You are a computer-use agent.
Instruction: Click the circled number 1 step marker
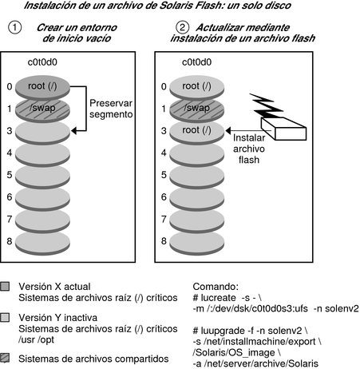(15, 28)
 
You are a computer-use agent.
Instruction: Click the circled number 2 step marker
(183, 27)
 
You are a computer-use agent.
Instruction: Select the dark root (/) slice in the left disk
(42, 87)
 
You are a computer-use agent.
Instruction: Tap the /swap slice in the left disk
(42, 109)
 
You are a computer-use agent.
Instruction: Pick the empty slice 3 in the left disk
(42, 132)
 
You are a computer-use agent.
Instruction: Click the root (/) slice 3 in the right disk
(197, 132)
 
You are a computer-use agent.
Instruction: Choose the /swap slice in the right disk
(197, 109)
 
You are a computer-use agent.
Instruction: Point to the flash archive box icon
(283, 129)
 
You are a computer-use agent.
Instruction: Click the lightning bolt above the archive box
(266, 105)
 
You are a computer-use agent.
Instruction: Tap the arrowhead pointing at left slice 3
(74, 131)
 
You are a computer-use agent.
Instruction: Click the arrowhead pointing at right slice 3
(228, 131)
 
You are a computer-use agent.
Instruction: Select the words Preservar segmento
(111, 109)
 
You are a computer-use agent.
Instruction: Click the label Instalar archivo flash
(249, 149)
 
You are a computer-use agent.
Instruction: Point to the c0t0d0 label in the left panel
(42, 62)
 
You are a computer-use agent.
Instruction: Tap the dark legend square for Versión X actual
(5, 287)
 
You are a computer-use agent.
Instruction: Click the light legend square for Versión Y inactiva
(5, 317)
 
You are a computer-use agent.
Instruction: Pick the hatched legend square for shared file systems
(5, 358)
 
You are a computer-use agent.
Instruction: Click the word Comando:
(216, 287)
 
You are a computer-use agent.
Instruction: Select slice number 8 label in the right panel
(164, 241)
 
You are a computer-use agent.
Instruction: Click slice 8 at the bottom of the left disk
(42, 243)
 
